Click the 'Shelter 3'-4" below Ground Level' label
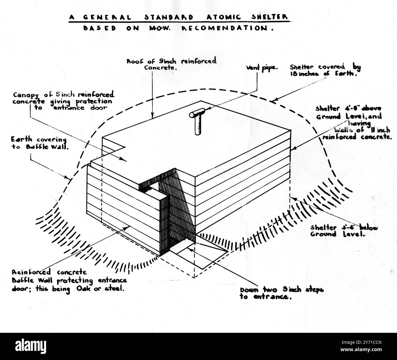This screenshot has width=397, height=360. click(344, 231)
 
